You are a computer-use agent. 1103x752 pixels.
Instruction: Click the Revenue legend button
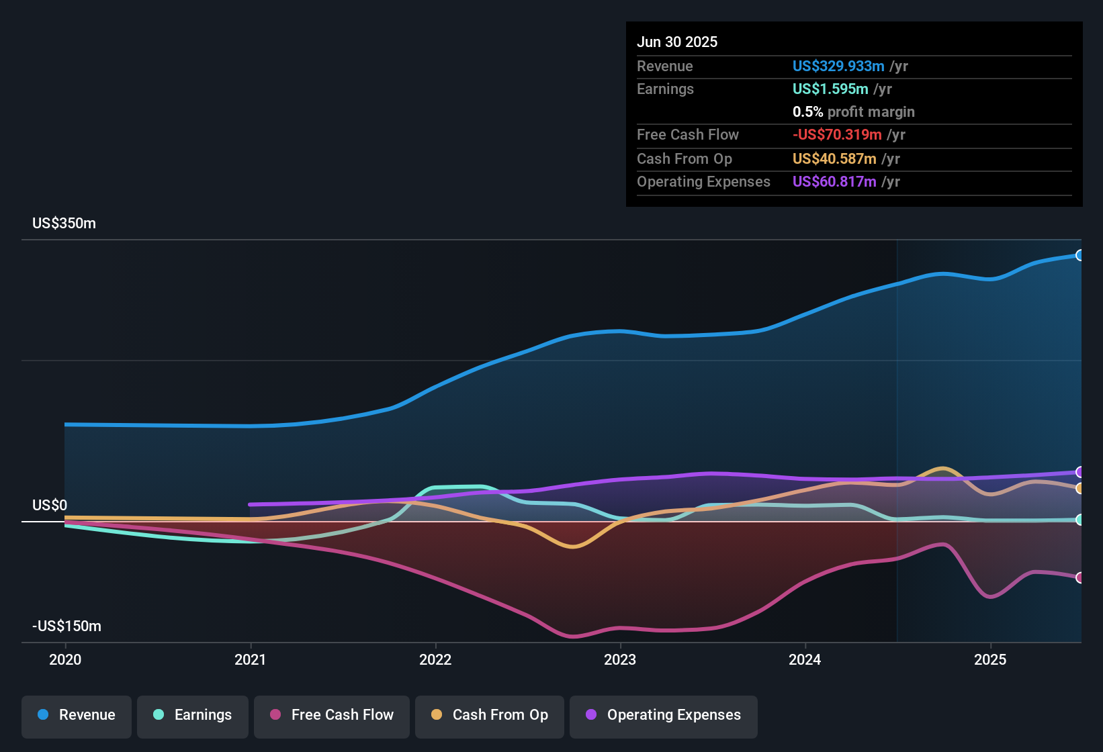pos(77,715)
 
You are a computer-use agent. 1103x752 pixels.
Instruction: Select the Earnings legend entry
pos(193,715)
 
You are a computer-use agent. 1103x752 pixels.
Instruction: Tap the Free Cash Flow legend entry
pos(332,715)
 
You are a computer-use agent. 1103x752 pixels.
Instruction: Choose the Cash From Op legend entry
pos(490,715)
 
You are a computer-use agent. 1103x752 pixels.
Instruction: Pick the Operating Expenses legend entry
pos(664,715)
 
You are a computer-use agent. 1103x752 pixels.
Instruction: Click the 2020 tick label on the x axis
pos(65,659)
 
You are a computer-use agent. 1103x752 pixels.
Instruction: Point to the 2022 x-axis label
pos(435,659)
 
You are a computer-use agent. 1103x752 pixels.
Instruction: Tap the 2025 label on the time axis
pos(990,659)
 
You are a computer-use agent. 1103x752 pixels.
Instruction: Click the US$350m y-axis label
pos(64,224)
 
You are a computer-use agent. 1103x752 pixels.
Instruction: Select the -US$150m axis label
pos(67,626)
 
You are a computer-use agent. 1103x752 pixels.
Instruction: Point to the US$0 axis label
pos(50,506)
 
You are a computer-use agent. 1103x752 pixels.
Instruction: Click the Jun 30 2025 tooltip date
pos(677,42)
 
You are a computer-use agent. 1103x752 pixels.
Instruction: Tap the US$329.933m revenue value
pos(838,66)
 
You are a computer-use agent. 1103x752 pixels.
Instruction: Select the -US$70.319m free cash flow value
pos(837,135)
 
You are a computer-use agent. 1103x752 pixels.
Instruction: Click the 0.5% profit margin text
pos(853,112)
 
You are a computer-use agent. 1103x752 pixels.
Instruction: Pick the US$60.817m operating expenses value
pos(834,182)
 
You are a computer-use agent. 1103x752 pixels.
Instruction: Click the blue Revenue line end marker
pos(1079,255)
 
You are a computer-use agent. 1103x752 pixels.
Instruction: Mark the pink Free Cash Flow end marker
pos(1079,577)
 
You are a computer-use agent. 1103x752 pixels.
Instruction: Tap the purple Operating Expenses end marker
pos(1079,472)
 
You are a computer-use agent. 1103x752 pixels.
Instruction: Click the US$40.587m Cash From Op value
pos(834,159)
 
